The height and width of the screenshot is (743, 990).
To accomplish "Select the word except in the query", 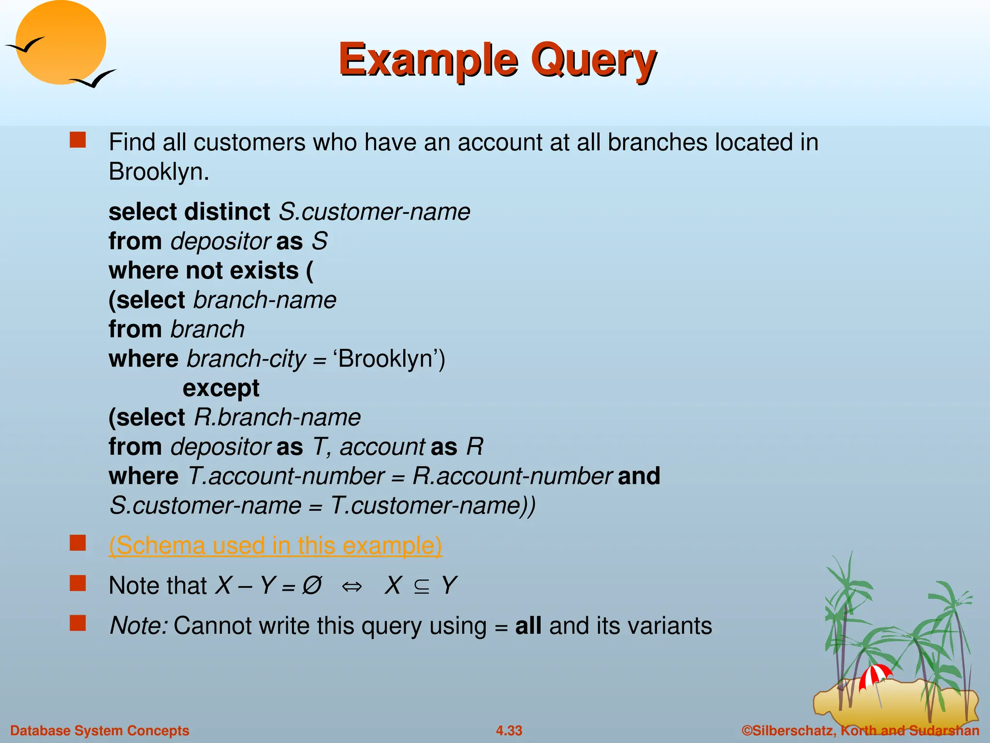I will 221,388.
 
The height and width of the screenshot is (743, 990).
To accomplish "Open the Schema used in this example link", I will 275,546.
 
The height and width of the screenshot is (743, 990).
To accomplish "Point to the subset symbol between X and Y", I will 422,587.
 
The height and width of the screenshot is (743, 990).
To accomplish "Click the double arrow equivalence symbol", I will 351,587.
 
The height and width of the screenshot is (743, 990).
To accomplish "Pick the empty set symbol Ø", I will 312,586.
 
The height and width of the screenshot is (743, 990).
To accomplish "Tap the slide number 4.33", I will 509,730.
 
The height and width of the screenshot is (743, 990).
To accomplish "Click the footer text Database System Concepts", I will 100,730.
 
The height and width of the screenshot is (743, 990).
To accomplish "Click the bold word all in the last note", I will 528,626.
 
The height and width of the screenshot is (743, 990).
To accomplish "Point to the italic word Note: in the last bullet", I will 139,626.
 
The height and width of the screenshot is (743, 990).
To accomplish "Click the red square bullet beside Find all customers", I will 78,140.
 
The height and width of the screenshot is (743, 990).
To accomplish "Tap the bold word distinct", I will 227,212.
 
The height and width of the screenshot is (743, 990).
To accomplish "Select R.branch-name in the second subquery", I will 277,417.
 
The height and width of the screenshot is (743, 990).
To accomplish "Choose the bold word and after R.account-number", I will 639,476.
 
